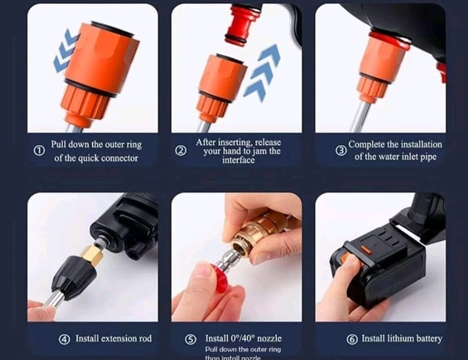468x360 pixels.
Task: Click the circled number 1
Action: click(x=38, y=150)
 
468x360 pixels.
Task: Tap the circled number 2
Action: click(x=181, y=150)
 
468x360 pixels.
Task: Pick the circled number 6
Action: click(x=352, y=339)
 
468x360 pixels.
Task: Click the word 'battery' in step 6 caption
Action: click(x=424, y=339)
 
